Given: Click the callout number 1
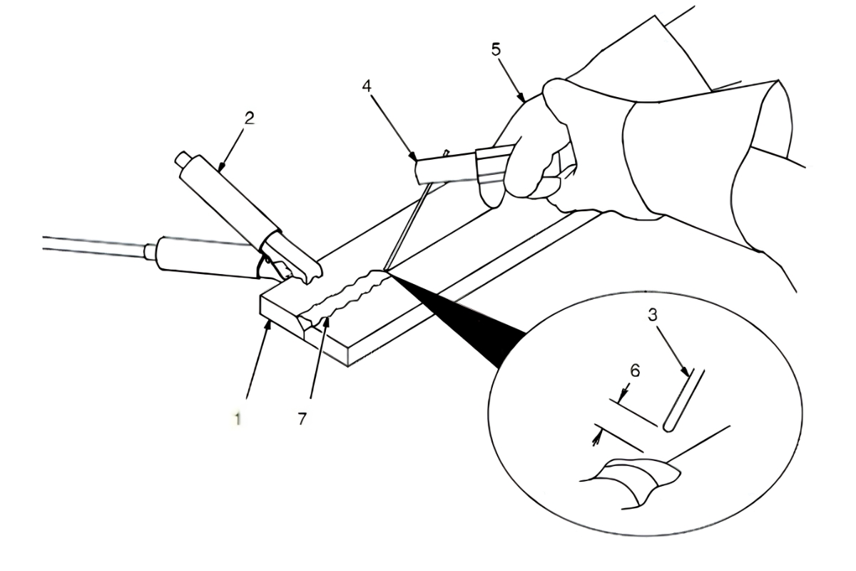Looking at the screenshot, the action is [x=238, y=419].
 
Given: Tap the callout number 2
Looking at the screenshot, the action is [x=249, y=118].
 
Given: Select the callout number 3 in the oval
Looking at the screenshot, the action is [x=653, y=315].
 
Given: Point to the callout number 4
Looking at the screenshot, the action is [x=367, y=86].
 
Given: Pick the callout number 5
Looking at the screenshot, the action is [x=496, y=50].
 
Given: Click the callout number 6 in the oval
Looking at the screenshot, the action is [x=635, y=371].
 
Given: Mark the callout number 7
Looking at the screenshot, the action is [x=302, y=419].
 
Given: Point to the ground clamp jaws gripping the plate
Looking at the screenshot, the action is [x=290, y=270].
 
